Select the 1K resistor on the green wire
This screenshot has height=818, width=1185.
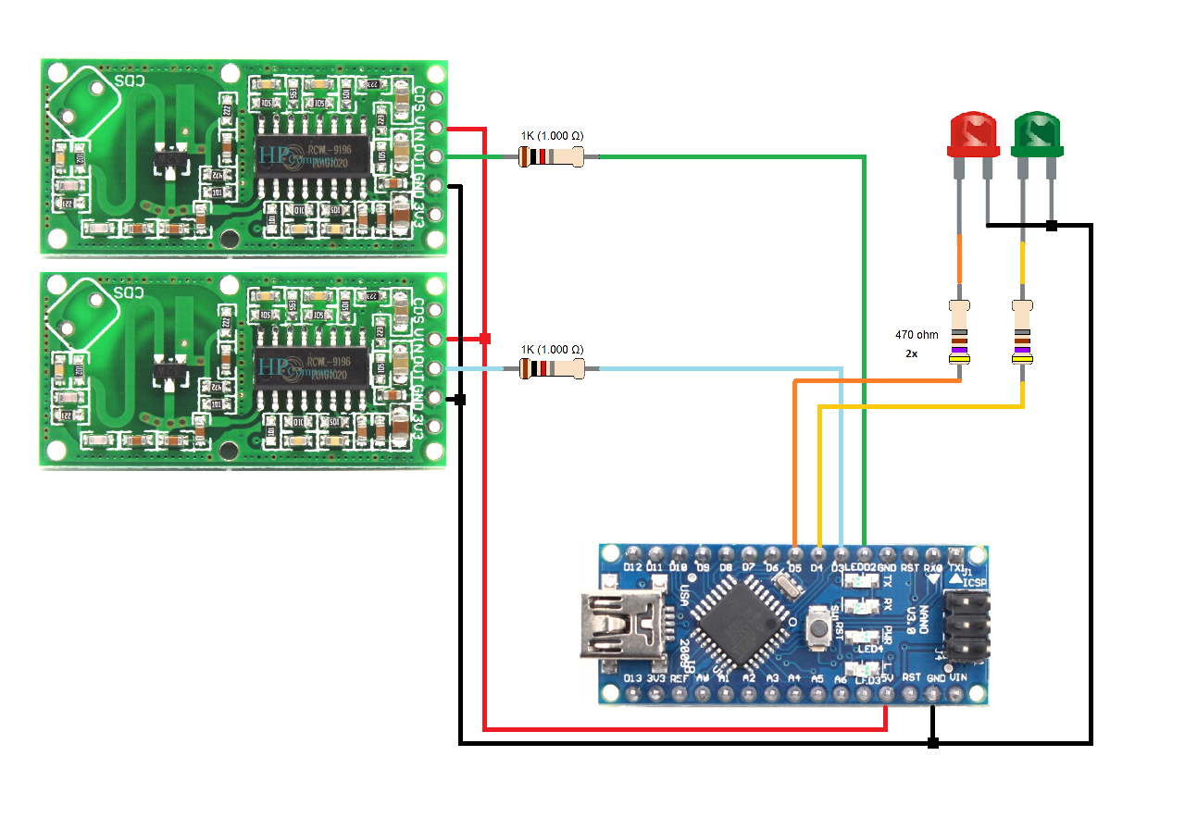pyautogui.click(x=552, y=158)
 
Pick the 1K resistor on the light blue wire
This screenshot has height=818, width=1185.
pyautogui.click(x=553, y=370)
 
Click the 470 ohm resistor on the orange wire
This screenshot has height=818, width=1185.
pyautogui.click(x=961, y=337)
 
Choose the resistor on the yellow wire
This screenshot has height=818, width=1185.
pyautogui.click(x=1023, y=337)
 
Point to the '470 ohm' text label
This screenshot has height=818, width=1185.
pyautogui.click(x=917, y=334)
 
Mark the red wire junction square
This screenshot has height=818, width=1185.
pyautogui.click(x=484, y=339)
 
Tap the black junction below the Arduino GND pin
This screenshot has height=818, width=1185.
pyautogui.click(x=932, y=742)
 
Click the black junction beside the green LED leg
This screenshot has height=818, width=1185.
pyautogui.click(x=1052, y=225)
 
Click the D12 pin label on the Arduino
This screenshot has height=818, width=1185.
pyautogui.click(x=632, y=567)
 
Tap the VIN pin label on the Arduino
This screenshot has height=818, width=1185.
pyautogui.click(x=958, y=678)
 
